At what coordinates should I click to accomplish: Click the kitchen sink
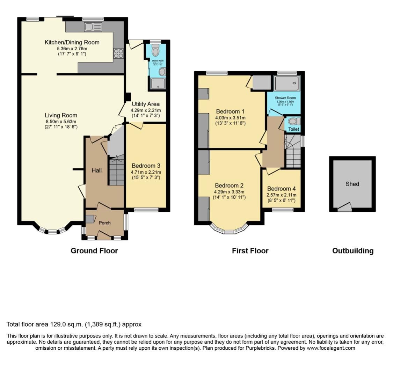(x=93, y=27)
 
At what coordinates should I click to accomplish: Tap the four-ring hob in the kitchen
(x=118, y=53)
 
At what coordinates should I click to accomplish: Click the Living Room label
(x=61, y=115)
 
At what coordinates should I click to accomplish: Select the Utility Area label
(x=145, y=104)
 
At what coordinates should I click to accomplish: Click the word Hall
(x=97, y=170)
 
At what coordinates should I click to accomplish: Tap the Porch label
(x=104, y=223)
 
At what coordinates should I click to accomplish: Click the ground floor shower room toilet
(x=155, y=51)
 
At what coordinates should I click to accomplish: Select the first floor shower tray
(x=286, y=84)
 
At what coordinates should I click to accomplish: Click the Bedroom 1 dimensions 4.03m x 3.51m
(x=230, y=118)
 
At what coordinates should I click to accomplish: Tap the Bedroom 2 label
(x=229, y=186)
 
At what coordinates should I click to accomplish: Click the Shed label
(x=352, y=184)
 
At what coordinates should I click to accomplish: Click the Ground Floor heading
(x=94, y=250)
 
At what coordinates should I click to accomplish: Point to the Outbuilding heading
(x=352, y=250)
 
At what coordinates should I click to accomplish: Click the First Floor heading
(x=250, y=250)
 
